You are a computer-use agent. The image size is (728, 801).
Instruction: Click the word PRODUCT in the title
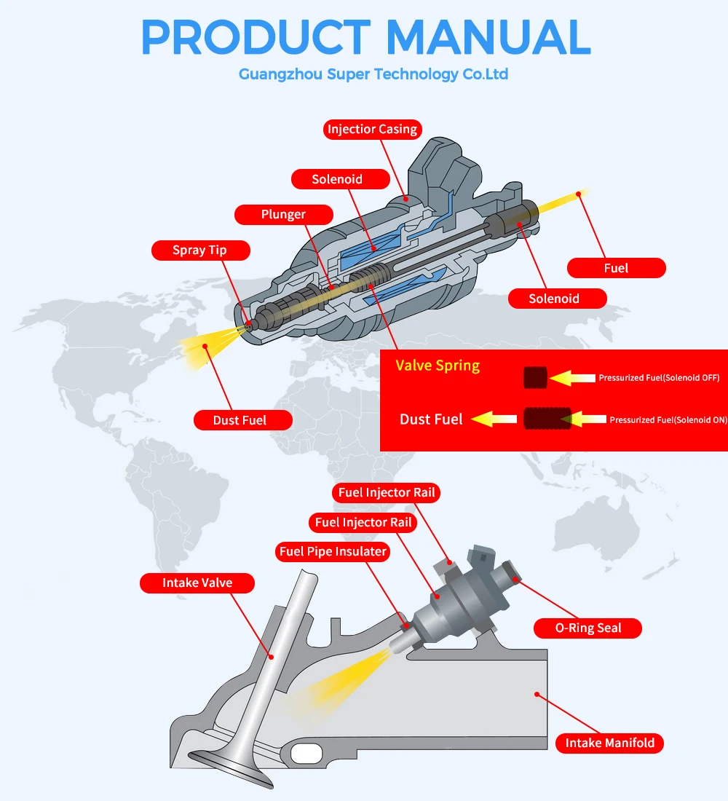click(256, 36)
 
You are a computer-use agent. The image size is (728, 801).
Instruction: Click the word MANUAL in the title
click(488, 36)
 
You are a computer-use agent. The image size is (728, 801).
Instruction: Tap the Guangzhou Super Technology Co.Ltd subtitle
click(373, 74)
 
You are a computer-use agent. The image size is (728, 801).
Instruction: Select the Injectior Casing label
click(372, 130)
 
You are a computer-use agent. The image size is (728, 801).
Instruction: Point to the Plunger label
click(283, 215)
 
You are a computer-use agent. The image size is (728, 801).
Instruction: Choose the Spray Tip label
click(199, 250)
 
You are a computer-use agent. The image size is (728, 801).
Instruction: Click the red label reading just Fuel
click(616, 268)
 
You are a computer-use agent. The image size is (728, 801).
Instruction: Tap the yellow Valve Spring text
click(438, 366)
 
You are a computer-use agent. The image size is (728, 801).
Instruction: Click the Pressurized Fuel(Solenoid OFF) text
click(659, 378)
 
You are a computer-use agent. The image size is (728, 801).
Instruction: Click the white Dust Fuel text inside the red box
click(431, 419)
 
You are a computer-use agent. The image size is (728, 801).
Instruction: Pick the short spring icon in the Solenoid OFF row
click(535, 377)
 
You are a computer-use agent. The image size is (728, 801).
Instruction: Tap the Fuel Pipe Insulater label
click(333, 551)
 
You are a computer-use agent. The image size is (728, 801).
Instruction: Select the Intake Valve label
click(197, 583)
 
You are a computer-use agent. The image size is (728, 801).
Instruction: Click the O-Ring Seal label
click(588, 628)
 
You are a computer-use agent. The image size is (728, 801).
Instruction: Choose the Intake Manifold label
click(609, 743)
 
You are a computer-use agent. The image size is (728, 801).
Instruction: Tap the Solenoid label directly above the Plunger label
click(337, 179)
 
